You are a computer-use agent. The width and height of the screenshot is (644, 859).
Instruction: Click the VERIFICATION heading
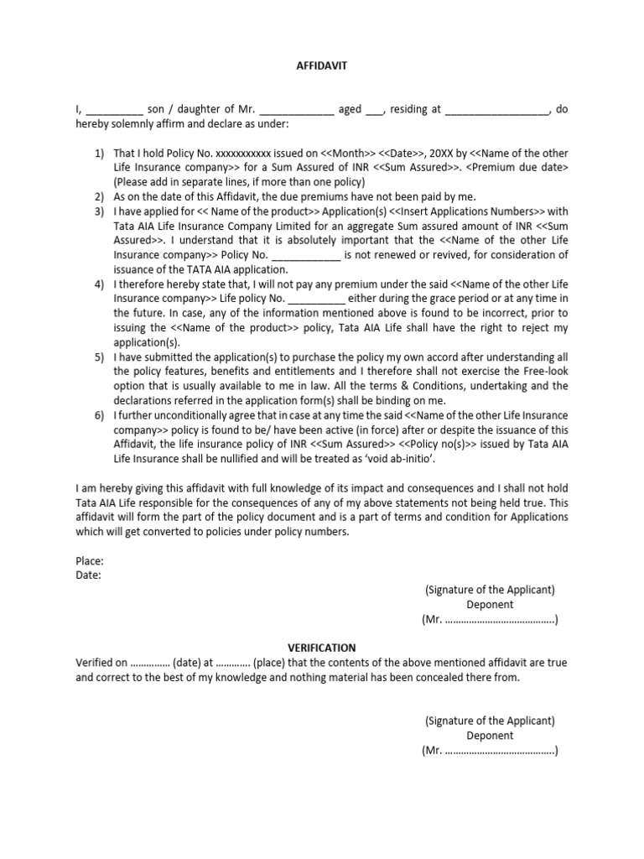(322, 648)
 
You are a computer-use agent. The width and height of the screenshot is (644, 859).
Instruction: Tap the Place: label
(90, 561)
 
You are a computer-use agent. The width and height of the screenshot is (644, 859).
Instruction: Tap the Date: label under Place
(88, 575)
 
